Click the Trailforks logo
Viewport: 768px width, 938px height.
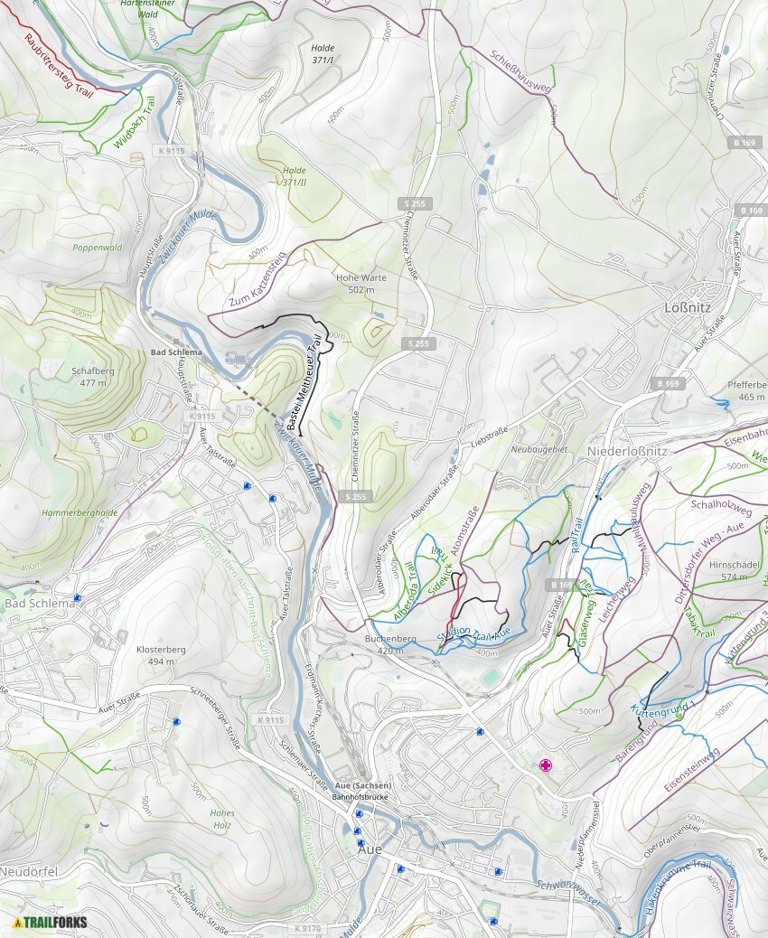tap(51, 922)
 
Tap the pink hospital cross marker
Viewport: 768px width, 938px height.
tap(546, 765)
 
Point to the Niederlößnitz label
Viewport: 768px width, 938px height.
tap(626, 450)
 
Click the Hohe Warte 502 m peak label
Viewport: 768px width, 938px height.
tap(354, 284)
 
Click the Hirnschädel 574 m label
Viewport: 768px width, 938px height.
tap(731, 570)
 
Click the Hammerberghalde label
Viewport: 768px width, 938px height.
tap(80, 513)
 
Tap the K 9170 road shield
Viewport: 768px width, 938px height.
tap(306, 928)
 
